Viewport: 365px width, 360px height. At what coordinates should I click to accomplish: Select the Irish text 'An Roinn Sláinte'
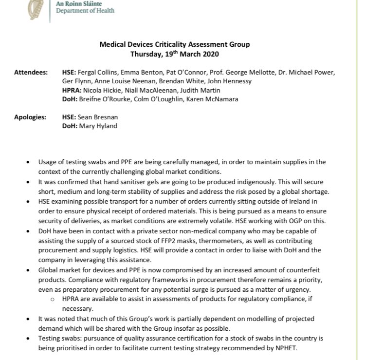[x=79, y=3]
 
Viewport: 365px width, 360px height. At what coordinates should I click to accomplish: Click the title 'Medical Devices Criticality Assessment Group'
[x=174, y=44]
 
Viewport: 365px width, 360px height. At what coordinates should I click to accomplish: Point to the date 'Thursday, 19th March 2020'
[x=174, y=54]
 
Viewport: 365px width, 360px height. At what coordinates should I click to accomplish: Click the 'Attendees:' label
[x=31, y=72]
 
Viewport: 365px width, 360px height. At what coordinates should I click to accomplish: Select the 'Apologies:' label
[x=31, y=117]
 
